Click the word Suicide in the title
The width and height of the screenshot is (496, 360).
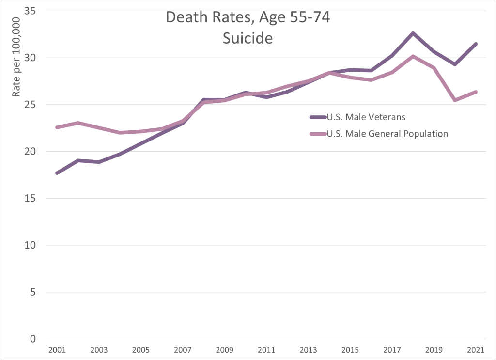point(248,38)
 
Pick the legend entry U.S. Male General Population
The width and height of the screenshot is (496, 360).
point(387,134)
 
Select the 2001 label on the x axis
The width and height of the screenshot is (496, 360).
point(57,350)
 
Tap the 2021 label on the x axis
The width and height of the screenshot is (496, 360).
point(476,350)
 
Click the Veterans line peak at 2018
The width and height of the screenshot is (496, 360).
point(413,33)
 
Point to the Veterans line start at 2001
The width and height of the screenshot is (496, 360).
point(57,173)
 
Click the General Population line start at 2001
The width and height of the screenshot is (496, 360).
point(57,127)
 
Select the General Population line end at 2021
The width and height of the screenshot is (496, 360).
point(476,92)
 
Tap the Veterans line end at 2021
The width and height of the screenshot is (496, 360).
point(476,44)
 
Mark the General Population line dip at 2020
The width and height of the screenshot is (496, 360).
point(455,100)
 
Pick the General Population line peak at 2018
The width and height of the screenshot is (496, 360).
point(413,56)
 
